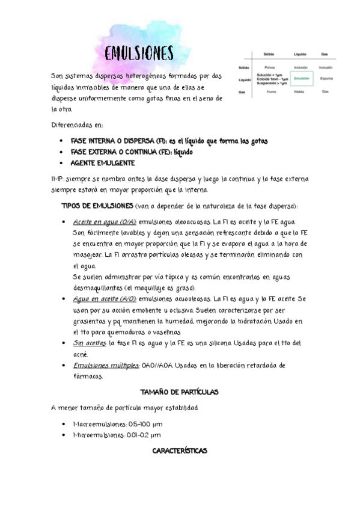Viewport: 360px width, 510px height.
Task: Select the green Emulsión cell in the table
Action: [301, 78]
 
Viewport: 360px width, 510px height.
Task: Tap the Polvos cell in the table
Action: [269, 67]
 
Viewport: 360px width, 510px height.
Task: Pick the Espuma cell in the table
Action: [326, 78]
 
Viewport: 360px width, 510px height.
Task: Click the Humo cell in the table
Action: [270, 91]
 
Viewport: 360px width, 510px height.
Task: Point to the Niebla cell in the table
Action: [300, 91]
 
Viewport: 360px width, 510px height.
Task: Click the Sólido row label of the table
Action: [244, 67]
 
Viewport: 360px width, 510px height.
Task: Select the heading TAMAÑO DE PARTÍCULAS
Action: [178, 392]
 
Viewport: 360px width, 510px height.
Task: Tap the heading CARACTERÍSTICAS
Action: [180, 451]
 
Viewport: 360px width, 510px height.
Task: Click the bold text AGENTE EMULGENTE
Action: [103, 164]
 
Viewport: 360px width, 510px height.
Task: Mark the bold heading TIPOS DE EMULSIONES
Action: [99, 206]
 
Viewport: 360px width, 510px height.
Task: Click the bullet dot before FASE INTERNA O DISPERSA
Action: [62, 141]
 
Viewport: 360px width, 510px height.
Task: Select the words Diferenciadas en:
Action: [78, 125]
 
